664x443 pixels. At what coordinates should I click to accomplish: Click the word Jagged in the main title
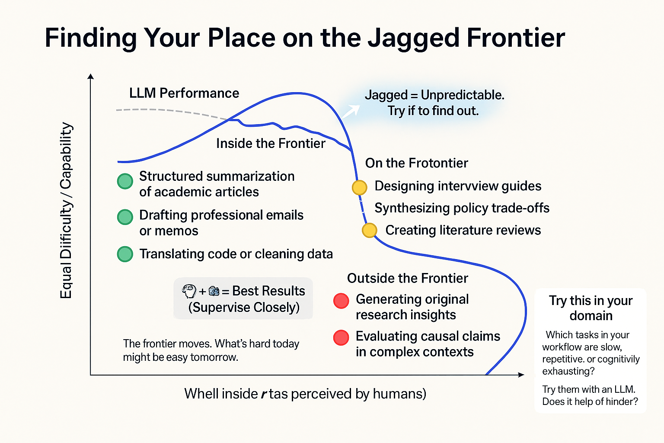(413, 38)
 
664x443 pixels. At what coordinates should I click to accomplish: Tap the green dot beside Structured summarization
(125, 181)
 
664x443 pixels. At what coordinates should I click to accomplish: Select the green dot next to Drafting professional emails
(125, 217)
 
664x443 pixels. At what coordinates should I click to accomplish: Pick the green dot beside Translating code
(125, 254)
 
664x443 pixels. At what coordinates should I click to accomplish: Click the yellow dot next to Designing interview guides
(359, 187)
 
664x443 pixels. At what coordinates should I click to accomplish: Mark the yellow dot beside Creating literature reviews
(369, 230)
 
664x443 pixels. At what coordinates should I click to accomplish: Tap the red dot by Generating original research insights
(341, 301)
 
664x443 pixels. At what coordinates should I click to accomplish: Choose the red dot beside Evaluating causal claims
(341, 337)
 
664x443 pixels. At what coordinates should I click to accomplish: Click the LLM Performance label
(184, 93)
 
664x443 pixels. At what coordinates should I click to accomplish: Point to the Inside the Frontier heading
(271, 143)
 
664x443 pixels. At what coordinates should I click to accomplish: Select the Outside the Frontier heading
(407, 278)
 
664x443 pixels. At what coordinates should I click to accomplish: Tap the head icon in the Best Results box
(189, 291)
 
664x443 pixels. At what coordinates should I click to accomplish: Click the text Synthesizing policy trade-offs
(462, 208)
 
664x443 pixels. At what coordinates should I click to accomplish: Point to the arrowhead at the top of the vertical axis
(90, 77)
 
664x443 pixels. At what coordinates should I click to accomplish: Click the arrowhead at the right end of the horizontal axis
(521, 375)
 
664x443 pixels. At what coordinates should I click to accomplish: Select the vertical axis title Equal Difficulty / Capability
(66, 210)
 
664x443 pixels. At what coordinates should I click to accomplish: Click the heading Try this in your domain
(591, 308)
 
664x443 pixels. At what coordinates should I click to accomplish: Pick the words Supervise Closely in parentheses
(244, 307)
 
